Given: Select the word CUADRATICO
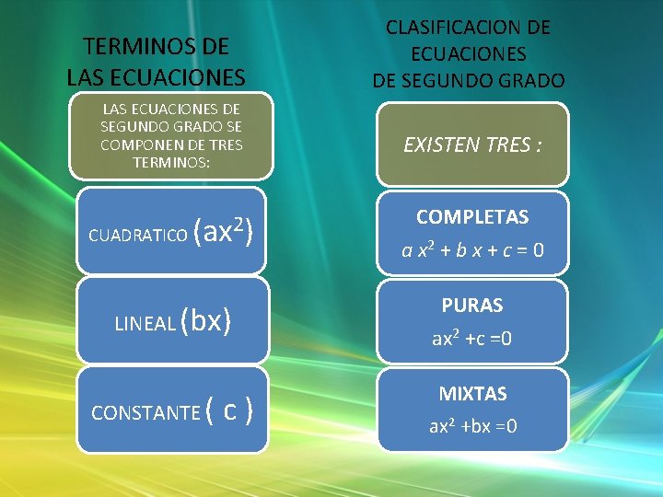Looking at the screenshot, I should (136, 236).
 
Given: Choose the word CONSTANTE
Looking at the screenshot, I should (145, 412).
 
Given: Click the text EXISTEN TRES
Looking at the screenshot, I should (466, 144).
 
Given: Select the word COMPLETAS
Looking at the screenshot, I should (472, 217).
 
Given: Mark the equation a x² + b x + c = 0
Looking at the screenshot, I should (472, 248).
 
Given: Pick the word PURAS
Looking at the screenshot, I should (472, 305).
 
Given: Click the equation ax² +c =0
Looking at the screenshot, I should (472, 339).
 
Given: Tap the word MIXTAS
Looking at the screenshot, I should (472, 394).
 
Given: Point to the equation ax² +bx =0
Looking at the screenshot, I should (472, 426).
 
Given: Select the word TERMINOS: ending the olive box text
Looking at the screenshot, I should (171, 162).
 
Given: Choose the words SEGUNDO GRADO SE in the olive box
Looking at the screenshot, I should (171, 127).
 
